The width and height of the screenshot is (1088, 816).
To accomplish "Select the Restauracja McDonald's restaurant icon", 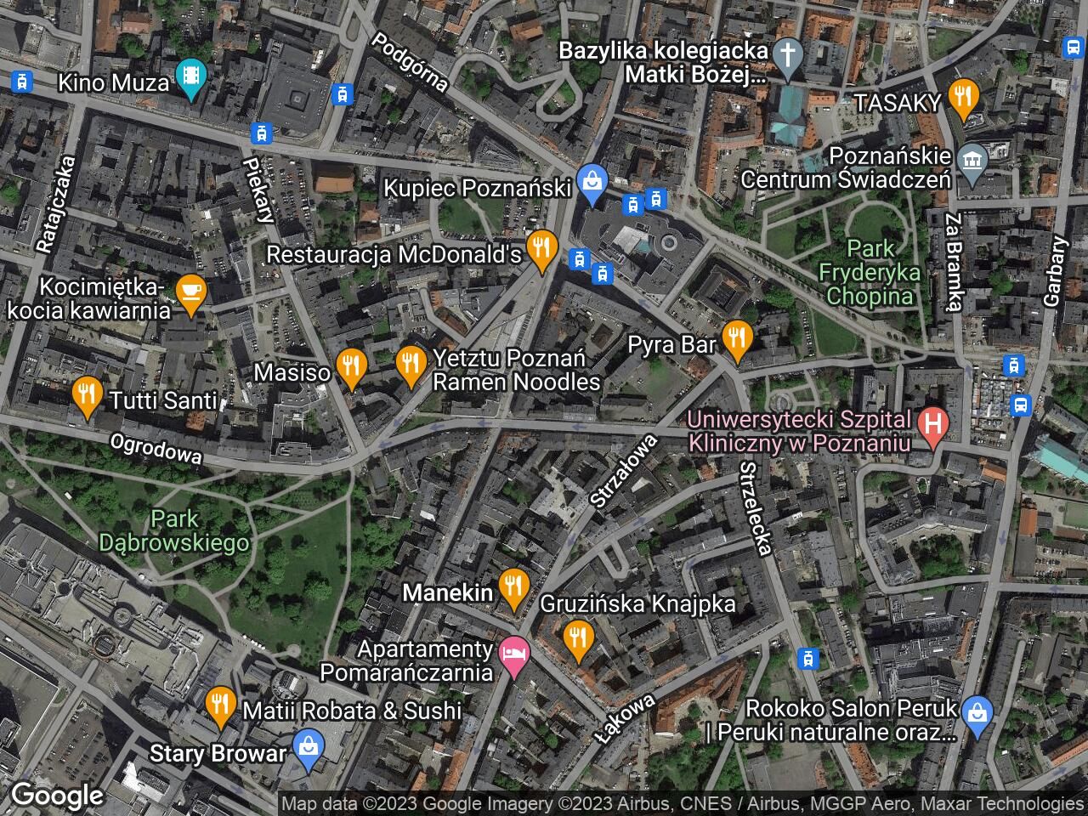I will tap(540, 248).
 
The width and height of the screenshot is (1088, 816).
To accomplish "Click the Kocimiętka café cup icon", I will tap(191, 293).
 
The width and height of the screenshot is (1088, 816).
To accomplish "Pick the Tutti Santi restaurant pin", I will tap(85, 394).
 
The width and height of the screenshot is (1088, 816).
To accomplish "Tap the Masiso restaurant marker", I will tap(350, 366).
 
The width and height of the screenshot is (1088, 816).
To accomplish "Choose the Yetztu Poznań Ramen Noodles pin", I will tap(411, 365).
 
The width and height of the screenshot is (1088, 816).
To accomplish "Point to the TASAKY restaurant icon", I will tap(963, 96).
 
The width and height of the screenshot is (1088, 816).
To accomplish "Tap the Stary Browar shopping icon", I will tap(305, 747).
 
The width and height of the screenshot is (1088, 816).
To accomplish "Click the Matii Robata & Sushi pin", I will tap(221, 705).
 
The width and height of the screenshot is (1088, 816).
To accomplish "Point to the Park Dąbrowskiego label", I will tap(174, 530).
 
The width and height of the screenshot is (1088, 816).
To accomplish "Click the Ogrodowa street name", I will tap(156, 450).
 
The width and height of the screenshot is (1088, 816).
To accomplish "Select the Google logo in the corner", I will tap(57, 796).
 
